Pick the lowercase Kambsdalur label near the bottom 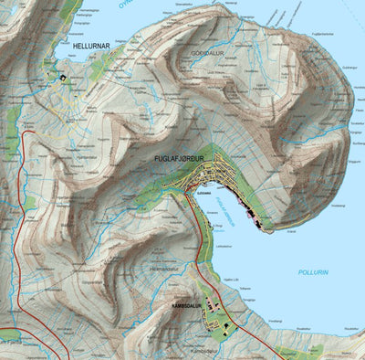(206, 350)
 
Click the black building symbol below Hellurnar (62, 79)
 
